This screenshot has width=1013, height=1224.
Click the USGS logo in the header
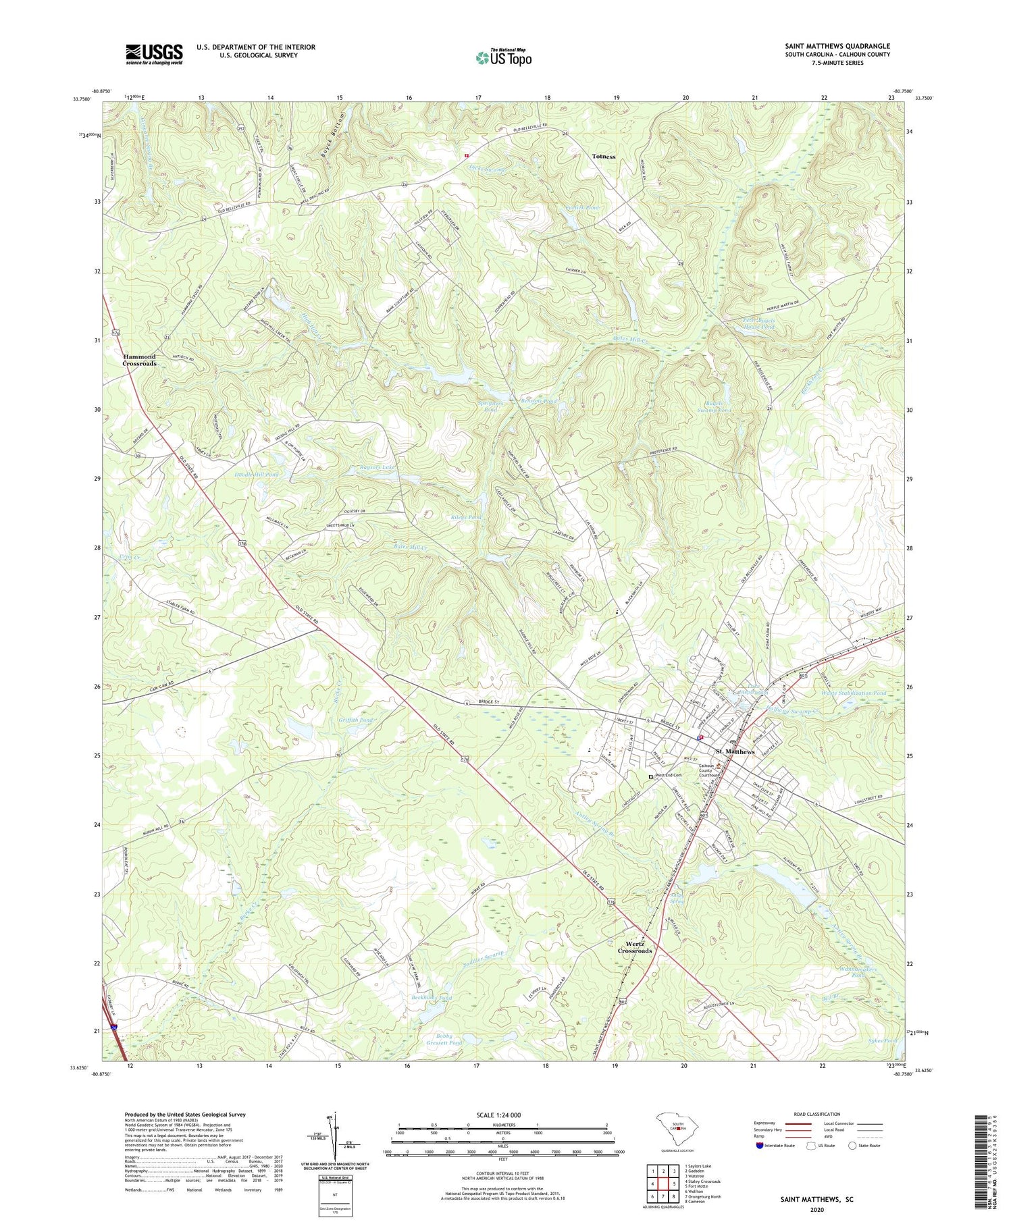click(154, 54)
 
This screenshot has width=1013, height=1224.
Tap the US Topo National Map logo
click(503, 57)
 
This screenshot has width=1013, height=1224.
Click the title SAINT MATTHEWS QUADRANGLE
click(837, 46)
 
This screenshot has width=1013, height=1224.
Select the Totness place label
click(604, 156)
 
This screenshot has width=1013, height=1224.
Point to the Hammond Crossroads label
click(139, 360)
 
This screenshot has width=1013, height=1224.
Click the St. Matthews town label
click(735, 751)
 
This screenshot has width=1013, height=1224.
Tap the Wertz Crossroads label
click(635, 947)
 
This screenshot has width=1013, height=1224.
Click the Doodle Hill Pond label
click(256, 475)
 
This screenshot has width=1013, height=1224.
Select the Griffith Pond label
click(355, 720)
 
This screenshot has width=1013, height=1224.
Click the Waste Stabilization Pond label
click(853, 693)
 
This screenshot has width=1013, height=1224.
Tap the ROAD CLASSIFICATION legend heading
click(817, 1114)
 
